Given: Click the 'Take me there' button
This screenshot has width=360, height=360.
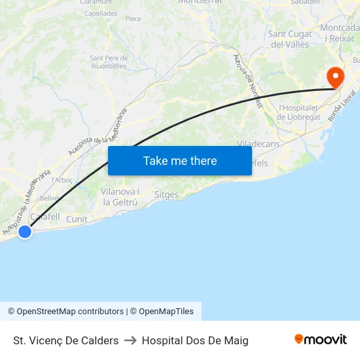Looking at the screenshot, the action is point(180,160).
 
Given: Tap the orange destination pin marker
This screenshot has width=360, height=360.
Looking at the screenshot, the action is point(335,79).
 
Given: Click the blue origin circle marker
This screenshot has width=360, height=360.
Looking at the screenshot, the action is point(25,231).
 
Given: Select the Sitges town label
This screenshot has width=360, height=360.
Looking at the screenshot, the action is point(166,194).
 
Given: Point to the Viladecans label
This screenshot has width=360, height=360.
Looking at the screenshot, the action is point(258,143).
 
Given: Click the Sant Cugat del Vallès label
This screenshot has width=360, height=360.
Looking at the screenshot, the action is point(289,39).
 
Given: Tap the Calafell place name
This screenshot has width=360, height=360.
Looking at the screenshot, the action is point(45,217).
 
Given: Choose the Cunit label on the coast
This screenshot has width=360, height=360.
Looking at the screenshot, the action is point(77,219).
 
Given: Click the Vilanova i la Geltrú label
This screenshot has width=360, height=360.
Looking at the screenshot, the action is point(120,196).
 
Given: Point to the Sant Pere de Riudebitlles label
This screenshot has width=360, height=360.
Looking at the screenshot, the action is point(109,62).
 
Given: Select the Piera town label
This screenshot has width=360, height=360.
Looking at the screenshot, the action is point(133,19).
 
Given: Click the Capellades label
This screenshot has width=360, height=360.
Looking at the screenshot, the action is point(101,12).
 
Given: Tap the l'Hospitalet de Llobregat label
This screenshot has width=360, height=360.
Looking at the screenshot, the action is point(299,112).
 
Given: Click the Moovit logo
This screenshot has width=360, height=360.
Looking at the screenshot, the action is point(321,340).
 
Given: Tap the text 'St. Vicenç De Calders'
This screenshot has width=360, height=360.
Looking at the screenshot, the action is point(65,340).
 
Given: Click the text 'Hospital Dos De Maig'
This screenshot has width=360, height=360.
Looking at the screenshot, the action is point(195,340).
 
